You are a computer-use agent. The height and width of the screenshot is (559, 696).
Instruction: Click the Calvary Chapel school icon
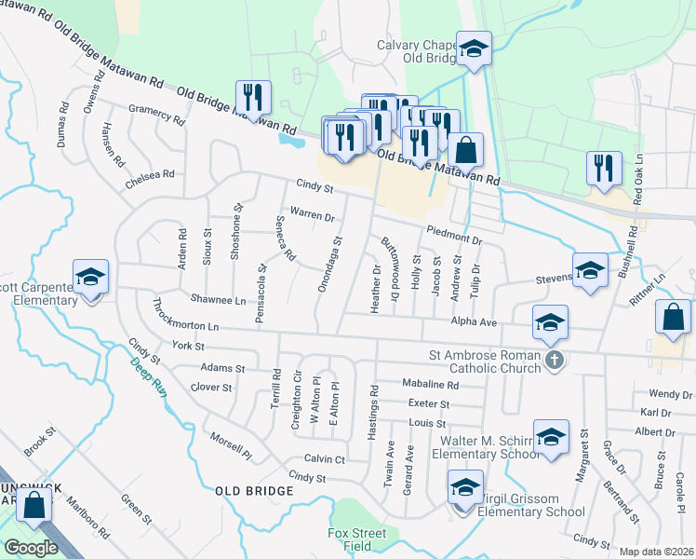coord(474,48)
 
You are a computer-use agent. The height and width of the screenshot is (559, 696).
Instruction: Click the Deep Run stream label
coord(147,373)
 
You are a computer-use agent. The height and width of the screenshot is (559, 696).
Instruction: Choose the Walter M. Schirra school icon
coord(552,439)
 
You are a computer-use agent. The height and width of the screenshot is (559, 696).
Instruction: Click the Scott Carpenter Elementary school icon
coord(91,277)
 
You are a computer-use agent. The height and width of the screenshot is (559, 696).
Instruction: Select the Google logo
coord(31,547)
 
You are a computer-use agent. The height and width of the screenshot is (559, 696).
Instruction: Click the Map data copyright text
coord(656,552)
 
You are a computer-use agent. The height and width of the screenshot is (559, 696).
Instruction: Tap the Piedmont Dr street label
coord(454,234)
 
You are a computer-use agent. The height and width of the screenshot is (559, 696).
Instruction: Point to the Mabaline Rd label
coord(431,384)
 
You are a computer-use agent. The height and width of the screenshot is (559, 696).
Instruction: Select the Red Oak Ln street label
coord(637,187)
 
